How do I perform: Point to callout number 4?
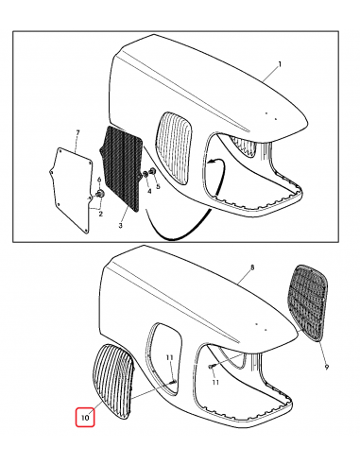[x=147, y=192]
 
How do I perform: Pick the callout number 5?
[x=158, y=186]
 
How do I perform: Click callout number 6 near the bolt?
[x=97, y=180]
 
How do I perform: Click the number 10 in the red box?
[x=85, y=415]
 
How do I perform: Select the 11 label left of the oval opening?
[x=168, y=358]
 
